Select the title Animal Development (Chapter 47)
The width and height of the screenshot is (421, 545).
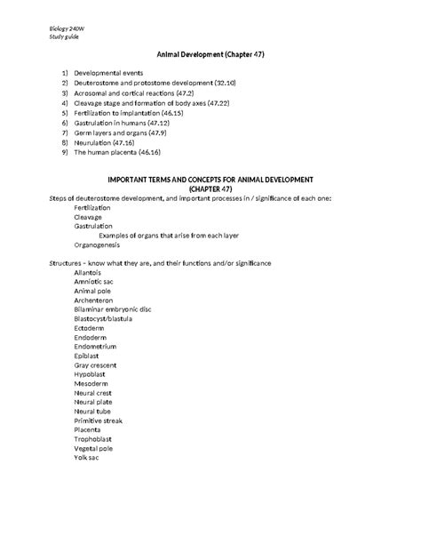(x=210, y=55)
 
